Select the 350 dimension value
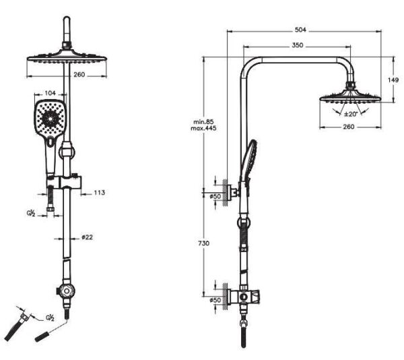(x=298, y=45)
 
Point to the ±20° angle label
(x=351, y=113)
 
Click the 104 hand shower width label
(x=51, y=94)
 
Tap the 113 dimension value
(x=99, y=193)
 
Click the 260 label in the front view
(x=79, y=74)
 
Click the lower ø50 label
(x=215, y=299)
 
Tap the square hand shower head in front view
(x=50, y=120)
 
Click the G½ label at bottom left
(x=49, y=316)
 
